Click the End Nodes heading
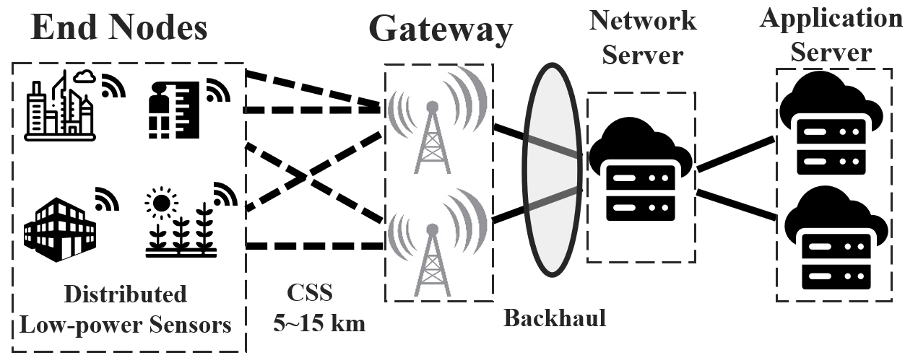pos(120,28)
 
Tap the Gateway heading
pos(441,30)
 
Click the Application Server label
pos(831,34)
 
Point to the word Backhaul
pos(555,318)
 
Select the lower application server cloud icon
pos(834,238)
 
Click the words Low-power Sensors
pos(126,325)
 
